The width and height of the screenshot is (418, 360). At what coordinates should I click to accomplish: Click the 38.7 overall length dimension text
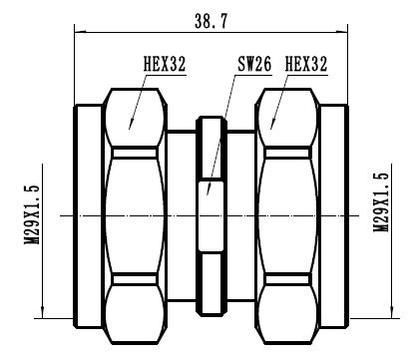211,18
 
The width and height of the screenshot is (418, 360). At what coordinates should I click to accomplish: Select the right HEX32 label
307,67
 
